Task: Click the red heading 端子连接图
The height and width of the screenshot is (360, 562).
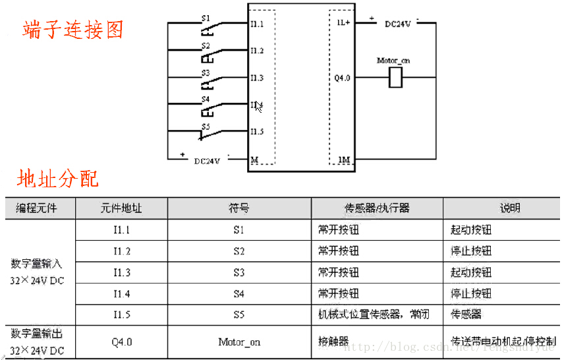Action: [72, 30]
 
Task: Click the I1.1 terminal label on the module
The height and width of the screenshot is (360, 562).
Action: [256, 24]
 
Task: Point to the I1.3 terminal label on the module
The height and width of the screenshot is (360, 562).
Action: [256, 78]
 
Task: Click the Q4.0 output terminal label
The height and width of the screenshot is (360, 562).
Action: [342, 78]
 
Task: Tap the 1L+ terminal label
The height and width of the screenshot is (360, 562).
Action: [343, 22]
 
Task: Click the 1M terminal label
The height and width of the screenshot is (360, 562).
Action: [343, 160]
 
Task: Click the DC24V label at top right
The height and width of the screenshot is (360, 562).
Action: [398, 24]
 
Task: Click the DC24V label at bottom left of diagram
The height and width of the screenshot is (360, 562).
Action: [208, 160]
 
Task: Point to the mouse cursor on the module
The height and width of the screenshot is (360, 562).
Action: [259, 106]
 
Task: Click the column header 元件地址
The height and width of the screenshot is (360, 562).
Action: [121, 208]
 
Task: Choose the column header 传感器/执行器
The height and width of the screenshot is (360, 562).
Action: [377, 208]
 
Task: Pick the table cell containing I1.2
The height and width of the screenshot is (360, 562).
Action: [121, 251]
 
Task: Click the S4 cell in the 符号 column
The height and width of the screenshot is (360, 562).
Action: [239, 293]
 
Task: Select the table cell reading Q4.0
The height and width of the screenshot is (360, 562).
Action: [121, 342]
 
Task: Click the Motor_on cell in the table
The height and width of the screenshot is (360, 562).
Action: [239, 342]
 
